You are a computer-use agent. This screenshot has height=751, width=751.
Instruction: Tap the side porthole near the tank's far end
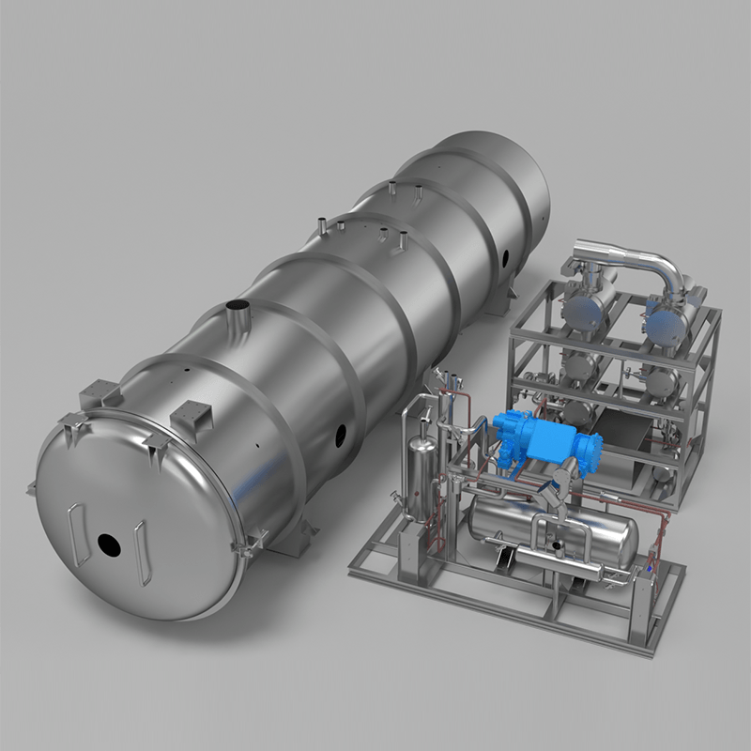click(x=506, y=253)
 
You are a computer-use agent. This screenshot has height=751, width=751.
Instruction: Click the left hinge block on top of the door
click(x=99, y=391)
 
